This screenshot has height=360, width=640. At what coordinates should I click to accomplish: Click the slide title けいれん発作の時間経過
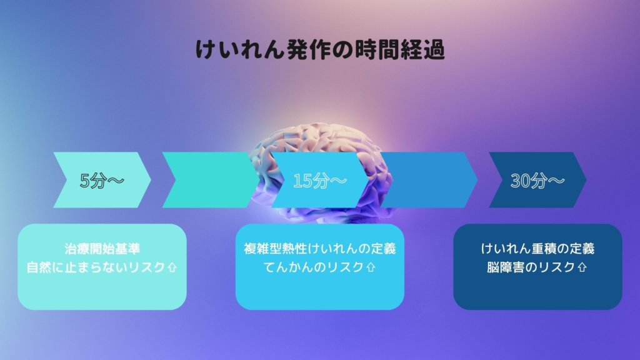point(320,50)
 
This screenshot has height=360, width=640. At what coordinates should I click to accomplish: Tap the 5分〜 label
point(102,181)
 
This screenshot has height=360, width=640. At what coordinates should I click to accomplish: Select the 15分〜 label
point(319,181)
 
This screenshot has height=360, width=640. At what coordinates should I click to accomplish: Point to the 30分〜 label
point(537,181)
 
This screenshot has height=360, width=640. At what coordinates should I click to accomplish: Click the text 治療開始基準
point(102,249)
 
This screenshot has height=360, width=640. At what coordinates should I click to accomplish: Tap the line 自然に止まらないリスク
point(96,267)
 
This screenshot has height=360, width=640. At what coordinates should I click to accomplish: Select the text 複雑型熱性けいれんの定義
point(319,249)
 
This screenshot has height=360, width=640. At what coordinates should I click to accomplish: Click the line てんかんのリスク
point(314,267)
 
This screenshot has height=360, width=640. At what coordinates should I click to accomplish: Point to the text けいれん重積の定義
point(537,249)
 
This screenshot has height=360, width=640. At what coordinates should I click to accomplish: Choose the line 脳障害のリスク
point(531,267)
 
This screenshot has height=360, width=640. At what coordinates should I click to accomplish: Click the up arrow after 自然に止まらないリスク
point(172,267)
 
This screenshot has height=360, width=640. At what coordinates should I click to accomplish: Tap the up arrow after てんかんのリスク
point(371,267)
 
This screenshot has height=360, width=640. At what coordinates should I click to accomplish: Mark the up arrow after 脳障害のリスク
point(582,267)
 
